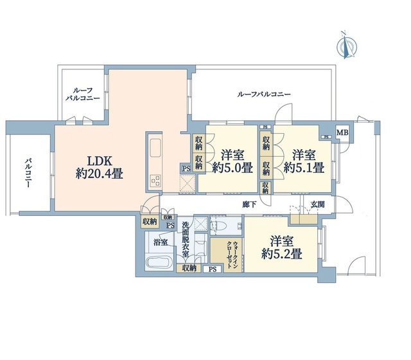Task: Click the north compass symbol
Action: [347, 47]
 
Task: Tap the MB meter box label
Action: [342, 132]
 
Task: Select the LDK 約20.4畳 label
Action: [100, 167]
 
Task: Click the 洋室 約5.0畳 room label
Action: [232, 161]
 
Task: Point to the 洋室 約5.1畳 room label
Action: [304, 161]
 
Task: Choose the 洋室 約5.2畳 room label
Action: [282, 248]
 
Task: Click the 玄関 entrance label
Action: [318, 204]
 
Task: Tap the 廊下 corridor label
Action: [249, 204]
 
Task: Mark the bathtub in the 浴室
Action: [159, 262]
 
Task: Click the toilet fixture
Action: [217, 226]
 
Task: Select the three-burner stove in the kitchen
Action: [155, 181]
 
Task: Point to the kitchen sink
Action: [155, 148]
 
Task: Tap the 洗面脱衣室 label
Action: [186, 239]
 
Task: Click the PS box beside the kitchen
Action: [186, 168]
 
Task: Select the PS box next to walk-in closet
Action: [213, 269]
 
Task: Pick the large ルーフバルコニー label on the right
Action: [264, 94]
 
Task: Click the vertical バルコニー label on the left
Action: [28, 173]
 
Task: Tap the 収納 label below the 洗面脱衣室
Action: [189, 268]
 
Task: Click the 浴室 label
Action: [161, 242]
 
